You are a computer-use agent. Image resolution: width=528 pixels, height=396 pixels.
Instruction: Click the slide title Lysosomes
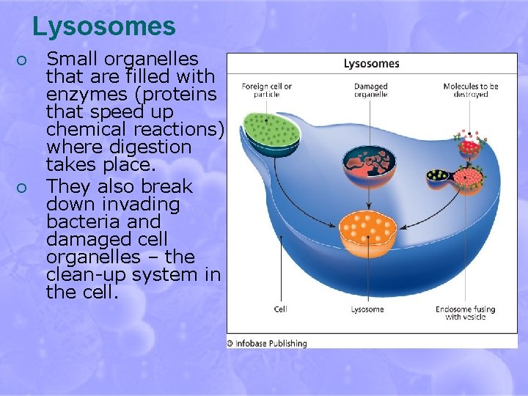103,26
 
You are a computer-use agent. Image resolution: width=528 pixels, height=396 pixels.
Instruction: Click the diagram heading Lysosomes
371,64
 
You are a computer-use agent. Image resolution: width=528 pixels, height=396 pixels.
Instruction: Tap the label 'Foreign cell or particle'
266,90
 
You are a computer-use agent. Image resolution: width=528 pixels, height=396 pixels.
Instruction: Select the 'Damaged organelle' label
371,90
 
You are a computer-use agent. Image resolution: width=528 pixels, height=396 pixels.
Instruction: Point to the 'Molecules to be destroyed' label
470,90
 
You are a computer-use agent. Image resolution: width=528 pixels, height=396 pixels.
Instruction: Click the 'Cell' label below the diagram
280,309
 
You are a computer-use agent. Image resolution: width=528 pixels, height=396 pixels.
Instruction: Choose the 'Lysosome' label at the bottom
367,309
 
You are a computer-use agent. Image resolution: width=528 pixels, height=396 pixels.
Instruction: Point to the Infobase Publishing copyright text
267,342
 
